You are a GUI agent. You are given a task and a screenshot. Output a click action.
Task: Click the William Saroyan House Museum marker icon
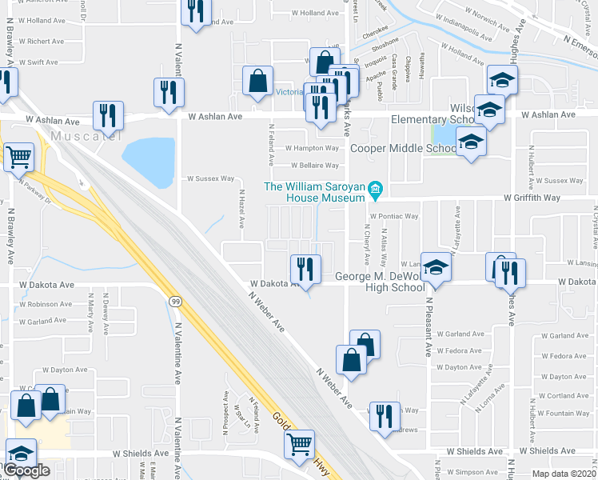[376, 190]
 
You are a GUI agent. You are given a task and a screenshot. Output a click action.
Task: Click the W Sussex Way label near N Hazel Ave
[211, 179]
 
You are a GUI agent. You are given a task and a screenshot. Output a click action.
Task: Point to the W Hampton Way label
[313, 148]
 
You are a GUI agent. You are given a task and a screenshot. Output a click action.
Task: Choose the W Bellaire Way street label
[313, 166]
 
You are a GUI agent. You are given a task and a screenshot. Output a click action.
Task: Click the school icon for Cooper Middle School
[472, 143]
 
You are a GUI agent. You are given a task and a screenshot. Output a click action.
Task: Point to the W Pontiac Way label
[393, 216]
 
